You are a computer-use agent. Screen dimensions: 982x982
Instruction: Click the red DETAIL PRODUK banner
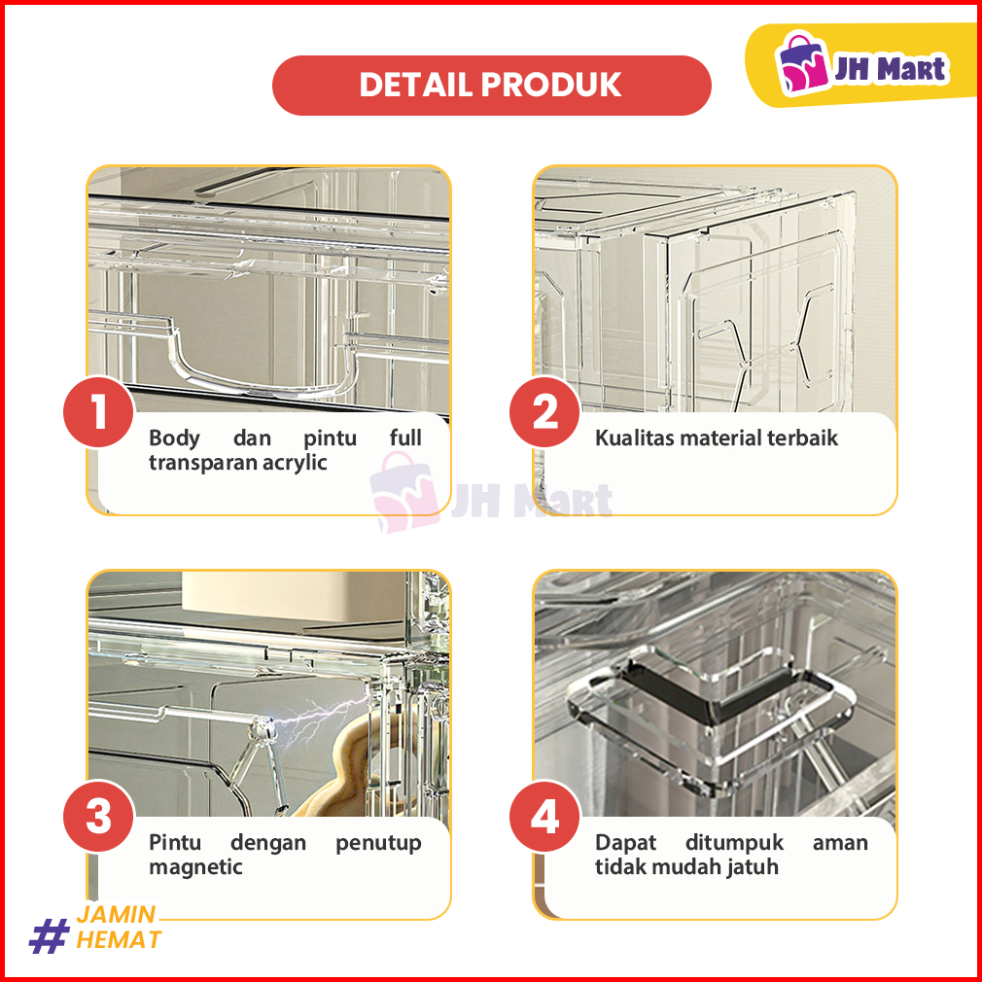492,86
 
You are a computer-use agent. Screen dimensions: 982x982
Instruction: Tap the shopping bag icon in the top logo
802,63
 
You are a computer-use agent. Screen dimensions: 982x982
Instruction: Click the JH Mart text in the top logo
890,68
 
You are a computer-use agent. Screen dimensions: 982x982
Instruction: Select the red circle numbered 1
98,411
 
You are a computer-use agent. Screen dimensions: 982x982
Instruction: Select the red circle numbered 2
544,411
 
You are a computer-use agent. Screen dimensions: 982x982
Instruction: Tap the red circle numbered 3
98,816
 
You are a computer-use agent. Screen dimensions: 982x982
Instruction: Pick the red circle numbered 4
544,816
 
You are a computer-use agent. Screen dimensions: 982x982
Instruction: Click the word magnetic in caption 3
195,868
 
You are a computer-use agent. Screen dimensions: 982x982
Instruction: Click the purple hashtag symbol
49,935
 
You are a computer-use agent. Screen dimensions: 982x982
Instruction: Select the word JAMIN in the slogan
116,914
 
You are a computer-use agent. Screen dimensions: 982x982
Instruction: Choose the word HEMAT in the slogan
119,940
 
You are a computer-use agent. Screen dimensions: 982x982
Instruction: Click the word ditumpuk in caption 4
734,843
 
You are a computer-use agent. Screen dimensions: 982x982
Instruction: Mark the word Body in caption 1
174,438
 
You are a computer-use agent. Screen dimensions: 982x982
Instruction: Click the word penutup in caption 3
378,844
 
